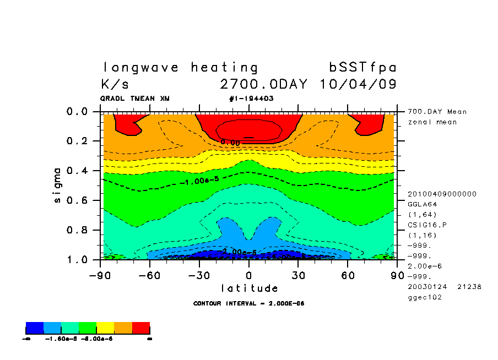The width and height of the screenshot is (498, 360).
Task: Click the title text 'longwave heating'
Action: (180, 68)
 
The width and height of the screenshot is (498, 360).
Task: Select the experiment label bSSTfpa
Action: (362, 68)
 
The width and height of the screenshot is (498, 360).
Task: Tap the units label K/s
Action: (115, 85)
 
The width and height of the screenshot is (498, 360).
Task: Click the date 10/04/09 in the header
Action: (358, 85)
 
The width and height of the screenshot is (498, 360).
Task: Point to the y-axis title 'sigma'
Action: (58, 185)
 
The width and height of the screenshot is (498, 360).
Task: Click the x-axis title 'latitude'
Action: (249, 288)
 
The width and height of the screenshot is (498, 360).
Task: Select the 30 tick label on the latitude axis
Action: (299, 275)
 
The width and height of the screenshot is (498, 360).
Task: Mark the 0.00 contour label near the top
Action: (230, 142)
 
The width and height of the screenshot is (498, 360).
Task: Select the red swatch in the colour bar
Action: (141, 328)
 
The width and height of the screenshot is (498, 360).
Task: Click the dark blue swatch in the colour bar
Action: (35, 328)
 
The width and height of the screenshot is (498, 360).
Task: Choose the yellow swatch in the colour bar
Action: (105, 328)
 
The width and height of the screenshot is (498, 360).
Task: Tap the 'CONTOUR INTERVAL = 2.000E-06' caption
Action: (249, 303)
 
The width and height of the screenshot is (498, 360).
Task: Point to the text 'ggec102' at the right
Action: (424, 297)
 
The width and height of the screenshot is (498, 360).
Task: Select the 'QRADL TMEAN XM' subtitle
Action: (135, 99)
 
